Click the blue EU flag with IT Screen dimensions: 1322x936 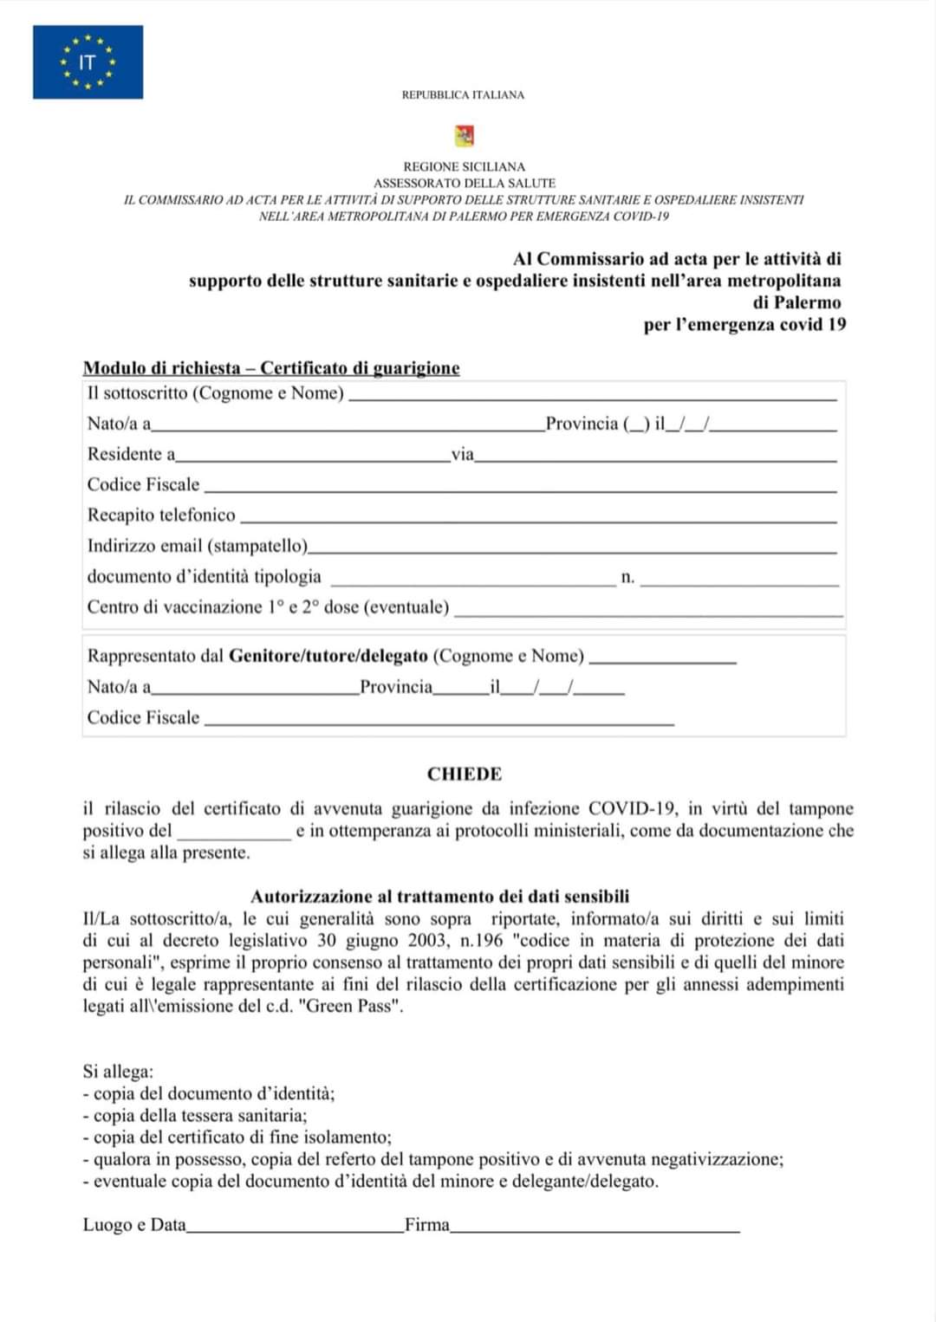(88, 62)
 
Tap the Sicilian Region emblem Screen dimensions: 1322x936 (464, 135)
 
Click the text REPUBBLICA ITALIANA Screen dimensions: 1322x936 (463, 94)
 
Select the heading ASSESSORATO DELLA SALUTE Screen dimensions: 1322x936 (465, 183)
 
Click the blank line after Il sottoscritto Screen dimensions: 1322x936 (592, 396)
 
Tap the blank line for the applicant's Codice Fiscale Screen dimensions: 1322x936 (520, 488)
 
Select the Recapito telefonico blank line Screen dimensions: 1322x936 (537, 518)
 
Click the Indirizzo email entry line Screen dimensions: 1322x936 (572, 549)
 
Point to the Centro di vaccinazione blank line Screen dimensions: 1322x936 (648, 611)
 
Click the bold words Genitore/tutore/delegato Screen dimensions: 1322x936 (328, 656)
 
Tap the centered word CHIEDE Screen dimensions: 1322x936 (465, 774)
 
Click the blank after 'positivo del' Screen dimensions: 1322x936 (234, 834)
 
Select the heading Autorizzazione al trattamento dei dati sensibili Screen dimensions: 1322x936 (440, 897)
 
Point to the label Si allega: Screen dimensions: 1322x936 (118, 1072)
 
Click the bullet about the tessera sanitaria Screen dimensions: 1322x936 (199, 1116)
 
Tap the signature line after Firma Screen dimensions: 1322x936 (595, 1228)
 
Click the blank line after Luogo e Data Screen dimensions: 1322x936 (295, 1228)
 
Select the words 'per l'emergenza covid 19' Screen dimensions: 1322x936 (744, 325)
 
